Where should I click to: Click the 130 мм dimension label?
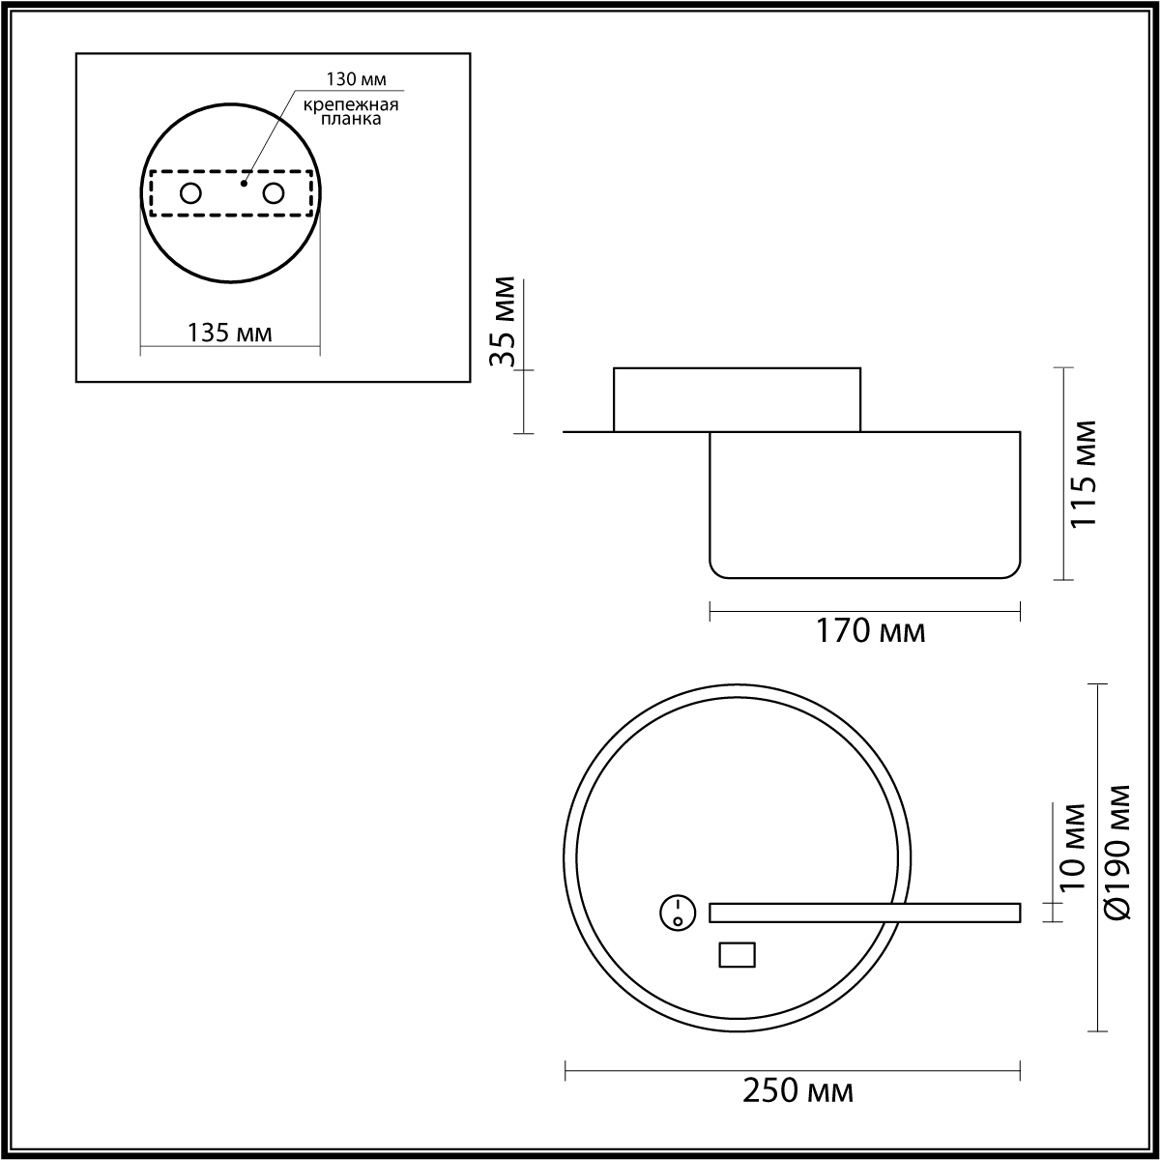(356, 79)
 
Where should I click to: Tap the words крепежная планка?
(350, 112)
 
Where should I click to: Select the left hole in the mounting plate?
(190, 194)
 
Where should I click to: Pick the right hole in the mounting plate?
(274, 194)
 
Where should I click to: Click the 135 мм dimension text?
(230, 333)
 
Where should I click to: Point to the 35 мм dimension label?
(502, 322)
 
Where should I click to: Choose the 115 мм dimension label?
(1084, 474)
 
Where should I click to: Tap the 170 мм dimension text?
(870, 631)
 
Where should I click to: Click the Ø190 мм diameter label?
(1117, 860)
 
